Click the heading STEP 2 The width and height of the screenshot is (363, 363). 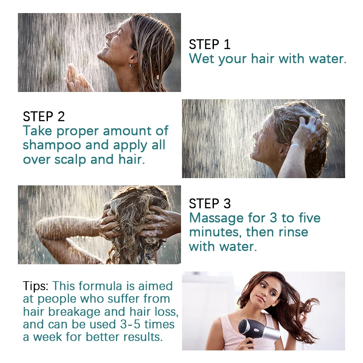click(44, 116)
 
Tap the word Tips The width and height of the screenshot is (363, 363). click(36, 286)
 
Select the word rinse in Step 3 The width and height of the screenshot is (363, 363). click(292, 232)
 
